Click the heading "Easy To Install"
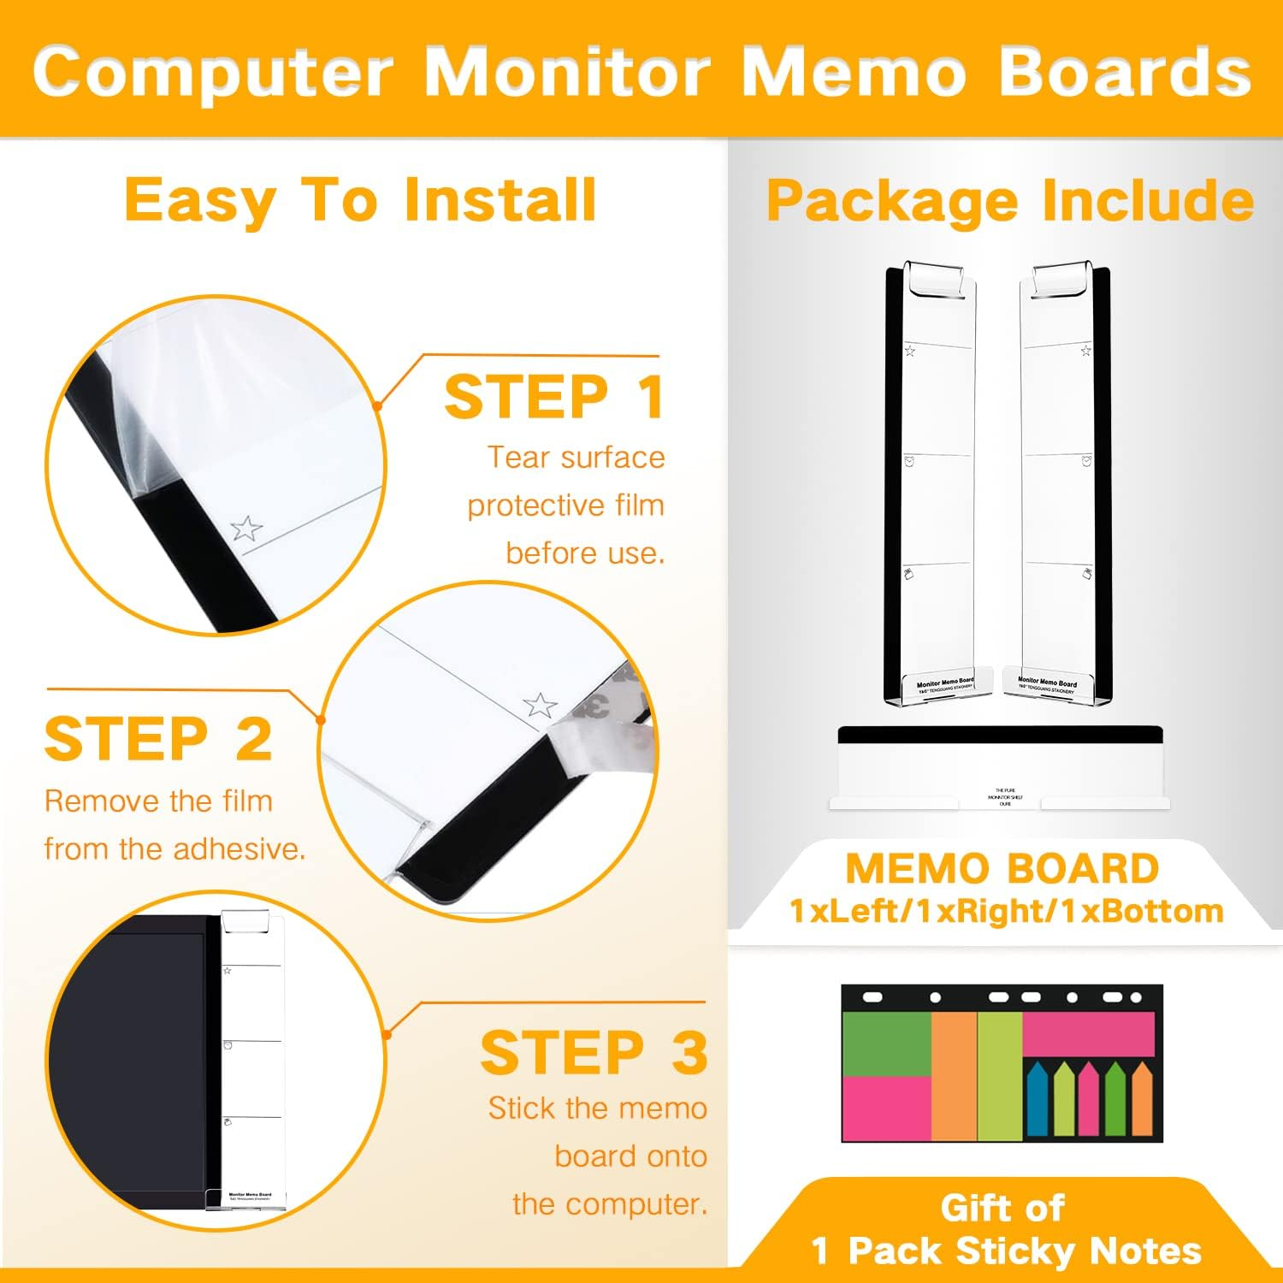pos(360,201)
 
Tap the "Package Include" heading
pos(1009,203)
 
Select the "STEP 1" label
pos(554,397)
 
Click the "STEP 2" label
pos(159,739)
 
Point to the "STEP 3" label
pos(594,1052)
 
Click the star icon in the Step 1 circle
pos(246,529)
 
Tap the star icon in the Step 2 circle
pos(540,706)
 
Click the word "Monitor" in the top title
pos(567,72)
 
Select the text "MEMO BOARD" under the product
pos(1002,869)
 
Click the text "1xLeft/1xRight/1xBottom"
pos(1006,912)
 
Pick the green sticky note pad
pos(886,1042)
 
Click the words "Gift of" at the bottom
pos(1002,1209)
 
